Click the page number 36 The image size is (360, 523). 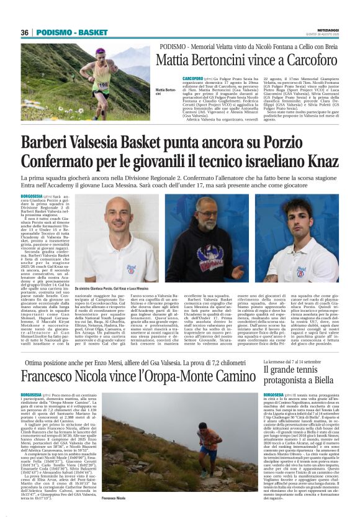[25, 32]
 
